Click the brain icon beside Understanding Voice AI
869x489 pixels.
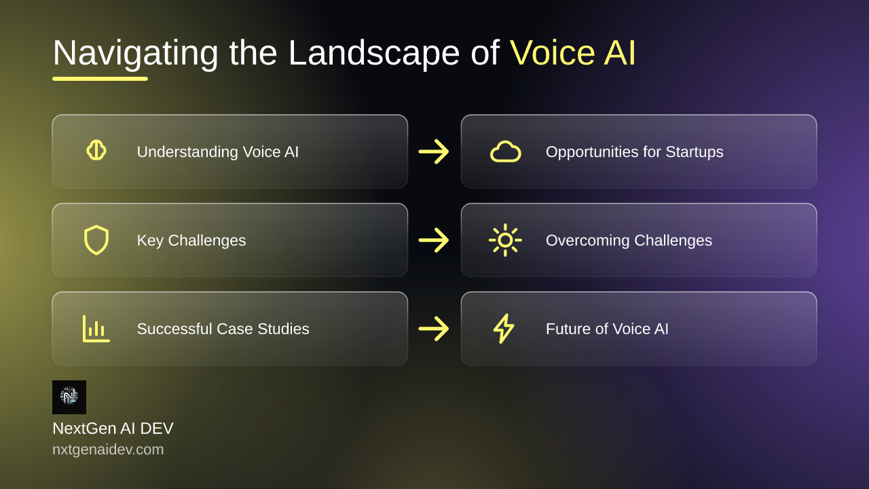pyautogui.click(x=96, y=150)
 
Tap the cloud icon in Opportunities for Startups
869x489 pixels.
pyautogui.click(x=506, y=151)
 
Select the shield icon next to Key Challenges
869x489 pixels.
pyautogui.click(x=96, y=240)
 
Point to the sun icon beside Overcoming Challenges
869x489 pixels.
pyautogui.click(x=505, y=240)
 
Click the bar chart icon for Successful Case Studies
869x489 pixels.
pyautogui.click(x=96, y=329)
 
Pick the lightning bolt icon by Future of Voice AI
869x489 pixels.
pyautogui.click(x=504, y=328)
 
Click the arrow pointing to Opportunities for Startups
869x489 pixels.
pyautogui.click(x=434, y=151)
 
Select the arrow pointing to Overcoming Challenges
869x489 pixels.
pyautogui.click(x=434, y=240)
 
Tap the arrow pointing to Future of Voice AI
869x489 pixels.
pyautogui.click(x=434, y=329)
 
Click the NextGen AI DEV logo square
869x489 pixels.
pyautogui.click(x=69, y=397)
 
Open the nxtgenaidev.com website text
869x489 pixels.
pyautogui.click(x=108, y=450)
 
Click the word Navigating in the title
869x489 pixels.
pyautogui.click(x=135, y=53)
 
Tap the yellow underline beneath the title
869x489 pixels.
pyautogui.click(x=100, y=79)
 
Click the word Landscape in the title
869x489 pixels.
pyautogui.click(x=374, y=53)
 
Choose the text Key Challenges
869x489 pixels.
pyautogui.click(x=191, y=240)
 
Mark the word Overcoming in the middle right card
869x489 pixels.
pyautogui.click(x=588, y=240)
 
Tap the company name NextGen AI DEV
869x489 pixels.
pyautogui.click(x=113, y=429)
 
